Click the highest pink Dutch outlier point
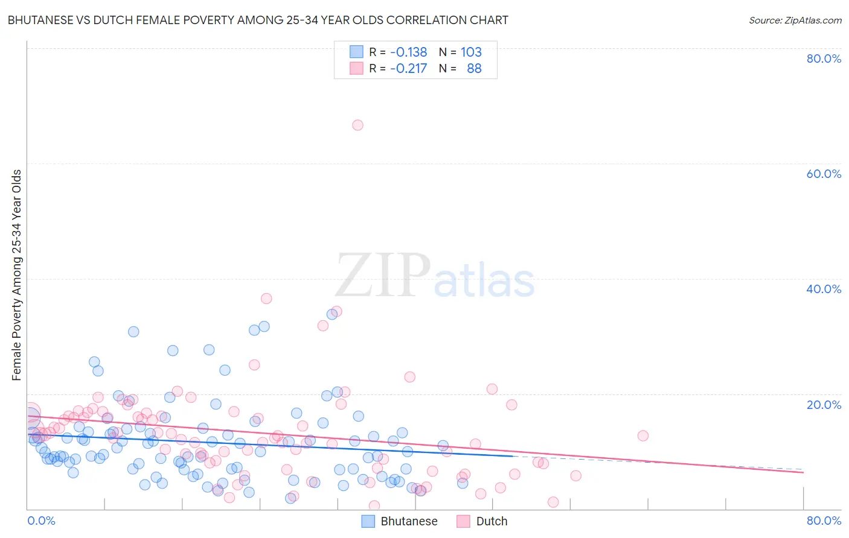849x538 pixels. (357, 125)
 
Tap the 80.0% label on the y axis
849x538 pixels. (824, 59)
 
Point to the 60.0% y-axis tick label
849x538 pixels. (824, 174)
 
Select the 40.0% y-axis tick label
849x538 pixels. (824, 289)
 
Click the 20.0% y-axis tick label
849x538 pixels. (824, 404)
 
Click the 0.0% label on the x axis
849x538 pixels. (41, 521)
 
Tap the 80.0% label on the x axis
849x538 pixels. (824, 521)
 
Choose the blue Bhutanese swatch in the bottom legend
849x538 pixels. (368, 521)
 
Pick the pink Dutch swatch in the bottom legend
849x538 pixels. (463, 521)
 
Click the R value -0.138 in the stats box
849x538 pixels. (408, 52)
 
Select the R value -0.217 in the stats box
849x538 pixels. (408, 68)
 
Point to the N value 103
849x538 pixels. (471, 52)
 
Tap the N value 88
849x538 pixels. (474, 68)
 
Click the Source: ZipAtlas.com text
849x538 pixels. (795, 20)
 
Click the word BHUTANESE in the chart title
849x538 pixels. (38, 20)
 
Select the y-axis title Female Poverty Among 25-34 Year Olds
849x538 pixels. (17, 275)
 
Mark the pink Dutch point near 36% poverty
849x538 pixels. (266, 299)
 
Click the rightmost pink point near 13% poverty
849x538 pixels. (642, 435)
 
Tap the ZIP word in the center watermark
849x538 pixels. (382, 276)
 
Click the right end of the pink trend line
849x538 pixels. (803, 472)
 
